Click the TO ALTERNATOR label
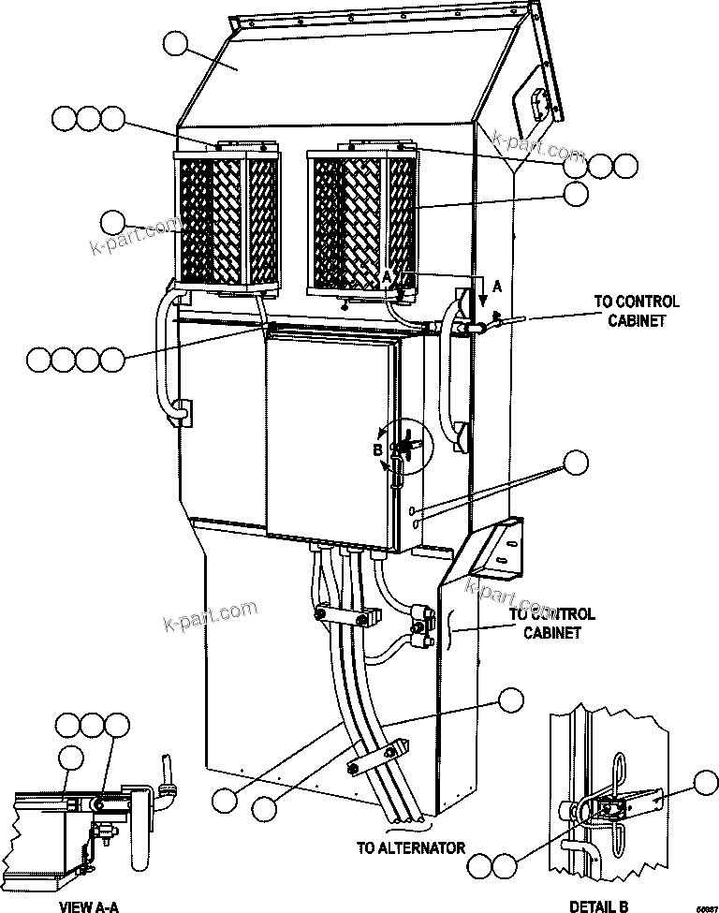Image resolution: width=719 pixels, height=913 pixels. pos(410,848)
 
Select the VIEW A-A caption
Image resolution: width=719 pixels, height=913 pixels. pos(88,906)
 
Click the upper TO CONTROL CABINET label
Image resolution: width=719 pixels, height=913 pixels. pos(637,311)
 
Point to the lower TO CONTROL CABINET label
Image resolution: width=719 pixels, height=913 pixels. pos(551,623)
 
